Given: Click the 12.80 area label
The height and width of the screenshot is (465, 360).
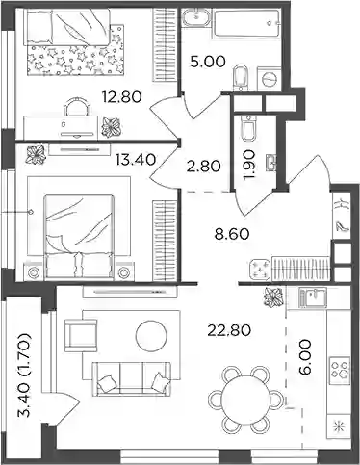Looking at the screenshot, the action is point(121,96).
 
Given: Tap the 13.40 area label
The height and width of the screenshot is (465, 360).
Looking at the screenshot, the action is point(136,159).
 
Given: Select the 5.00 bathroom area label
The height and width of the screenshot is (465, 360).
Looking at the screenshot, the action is point(208,62).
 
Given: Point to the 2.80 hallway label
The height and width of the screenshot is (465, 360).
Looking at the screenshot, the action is point(203,167).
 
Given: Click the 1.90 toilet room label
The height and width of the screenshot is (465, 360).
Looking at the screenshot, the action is point(249,166).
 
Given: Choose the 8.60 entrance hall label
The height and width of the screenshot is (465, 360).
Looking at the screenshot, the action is point(232,234).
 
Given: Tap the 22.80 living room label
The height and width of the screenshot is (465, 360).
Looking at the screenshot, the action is point(229,330).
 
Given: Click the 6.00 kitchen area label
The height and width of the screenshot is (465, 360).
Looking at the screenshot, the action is point(306,357).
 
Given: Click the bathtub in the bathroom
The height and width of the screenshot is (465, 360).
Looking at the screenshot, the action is point(245,23).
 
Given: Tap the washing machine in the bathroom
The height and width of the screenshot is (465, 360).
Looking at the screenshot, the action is point(270,78).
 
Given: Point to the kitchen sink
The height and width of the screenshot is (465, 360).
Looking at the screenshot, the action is point(312,297).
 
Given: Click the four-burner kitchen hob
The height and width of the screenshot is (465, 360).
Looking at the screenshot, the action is point(340,370).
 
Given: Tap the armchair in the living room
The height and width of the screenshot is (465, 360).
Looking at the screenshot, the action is point(81,335).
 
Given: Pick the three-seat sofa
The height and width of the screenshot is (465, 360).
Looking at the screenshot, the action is point(131,378).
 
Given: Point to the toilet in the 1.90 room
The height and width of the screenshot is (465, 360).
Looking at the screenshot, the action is point(248,129).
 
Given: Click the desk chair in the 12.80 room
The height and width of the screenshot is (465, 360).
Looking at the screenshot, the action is point(76,106).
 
